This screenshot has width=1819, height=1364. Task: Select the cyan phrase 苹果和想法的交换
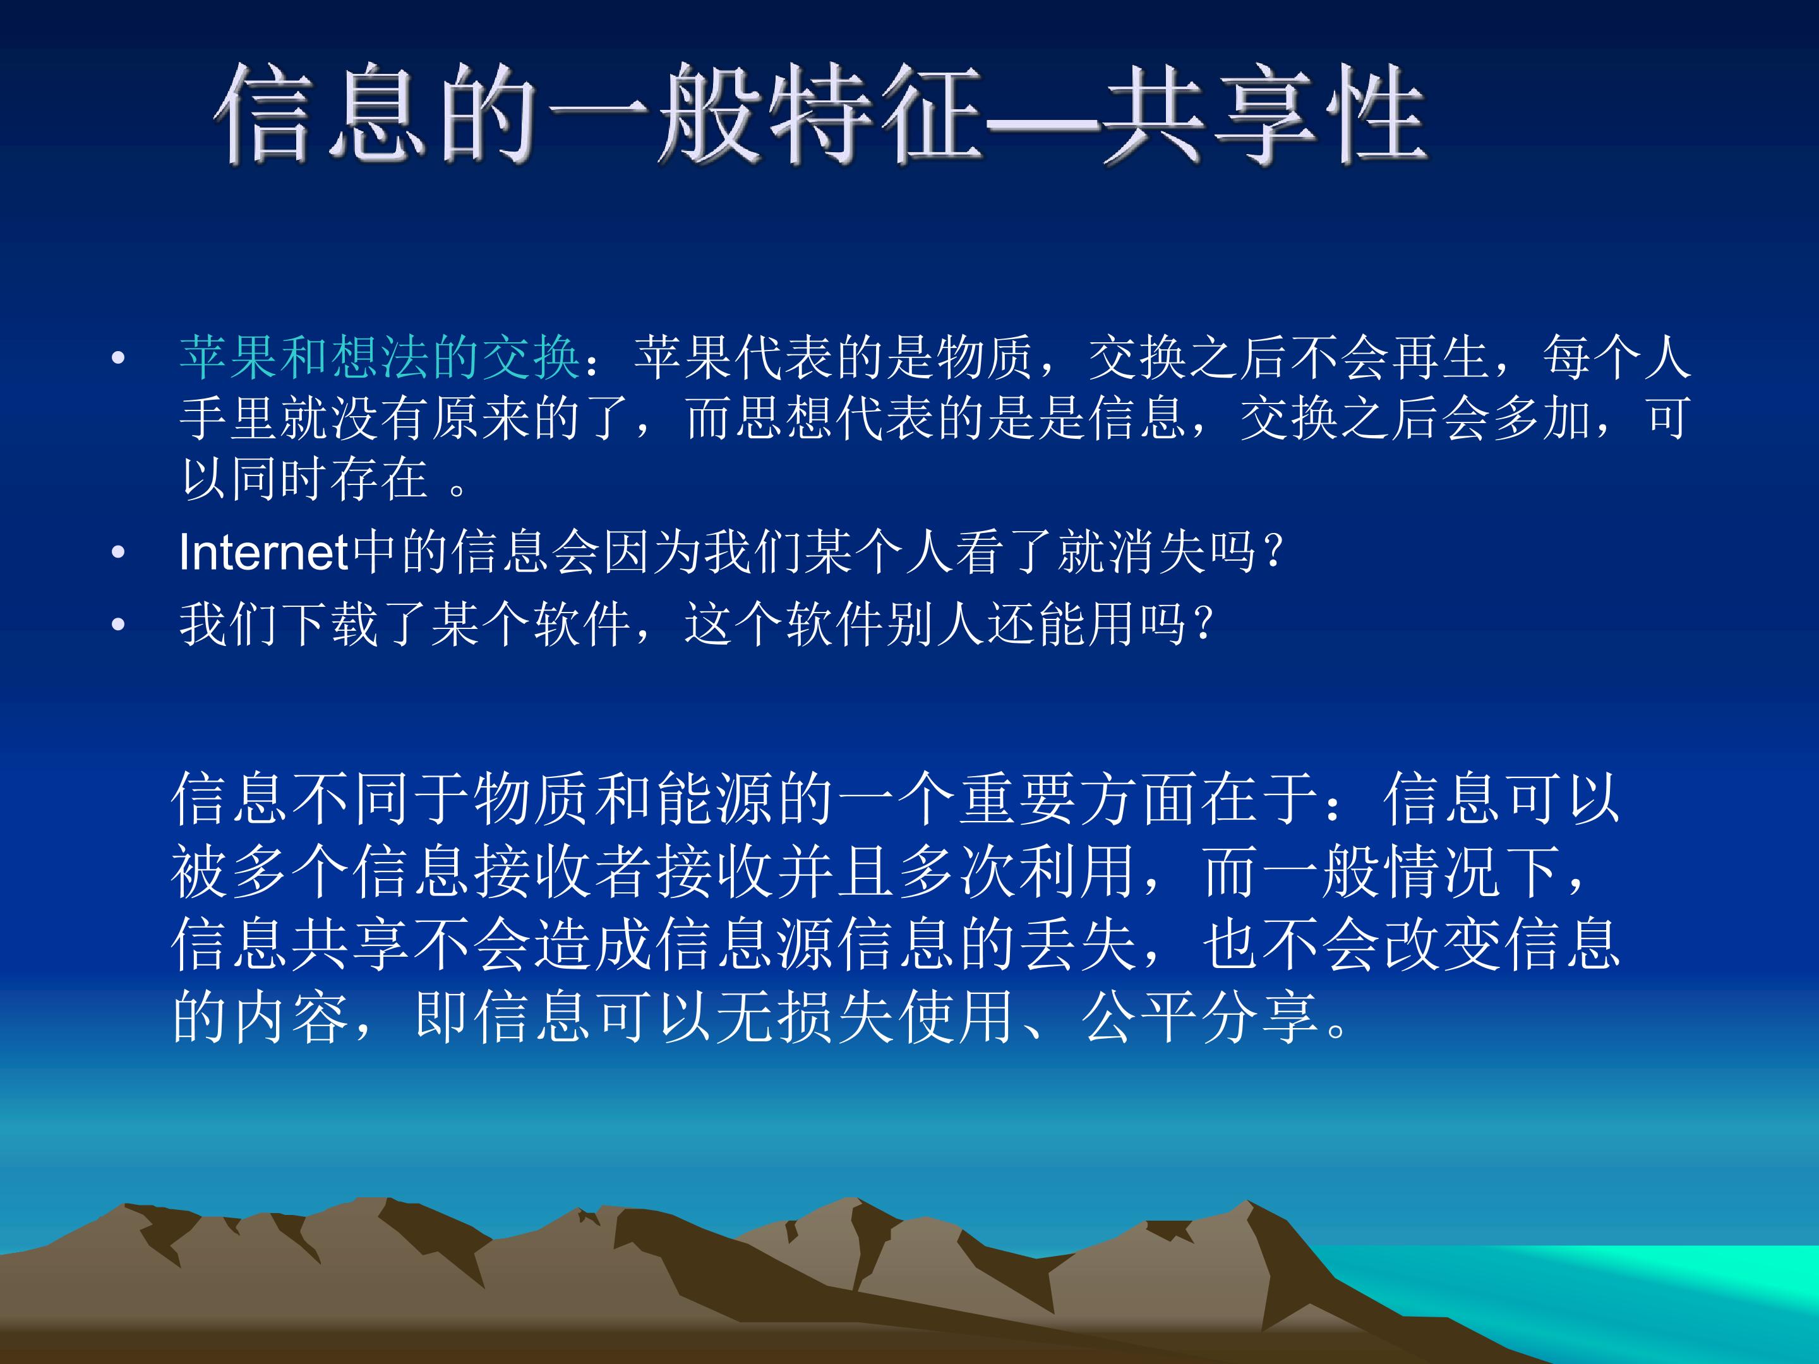coord(380,357)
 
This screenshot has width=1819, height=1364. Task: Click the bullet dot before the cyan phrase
coord(119,359)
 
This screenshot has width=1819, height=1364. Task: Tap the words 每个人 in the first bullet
coord(1615,357)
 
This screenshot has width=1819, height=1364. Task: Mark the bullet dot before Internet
coord(119,553)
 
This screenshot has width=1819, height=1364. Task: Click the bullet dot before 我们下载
coord(119,625)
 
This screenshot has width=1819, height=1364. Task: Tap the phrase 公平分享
coord(1203,1017)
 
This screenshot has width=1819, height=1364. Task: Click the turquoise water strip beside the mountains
coord(1604,1283)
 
